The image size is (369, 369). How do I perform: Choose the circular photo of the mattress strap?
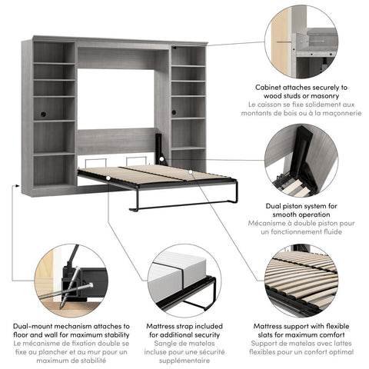click(184, 280)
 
